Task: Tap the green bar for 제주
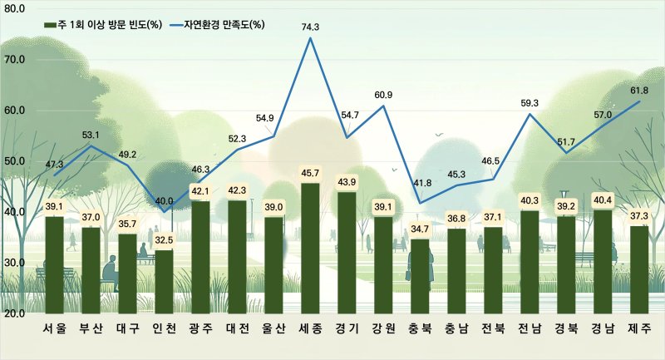[x=639, y=269]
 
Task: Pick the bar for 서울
[x=54, y=264]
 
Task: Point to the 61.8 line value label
[x=639, y=91]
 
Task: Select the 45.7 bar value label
[x=310, y=173]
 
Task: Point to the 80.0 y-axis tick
[x=15, y=8]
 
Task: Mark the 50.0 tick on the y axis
[x=15, y=160]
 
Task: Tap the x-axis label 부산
[x=91, y=328]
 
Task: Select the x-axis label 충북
[x=420, y=328]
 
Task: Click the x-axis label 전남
[x=530, y=328]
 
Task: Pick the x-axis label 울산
[x=273, y=328]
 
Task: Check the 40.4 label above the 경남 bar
[x=603, y=200]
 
